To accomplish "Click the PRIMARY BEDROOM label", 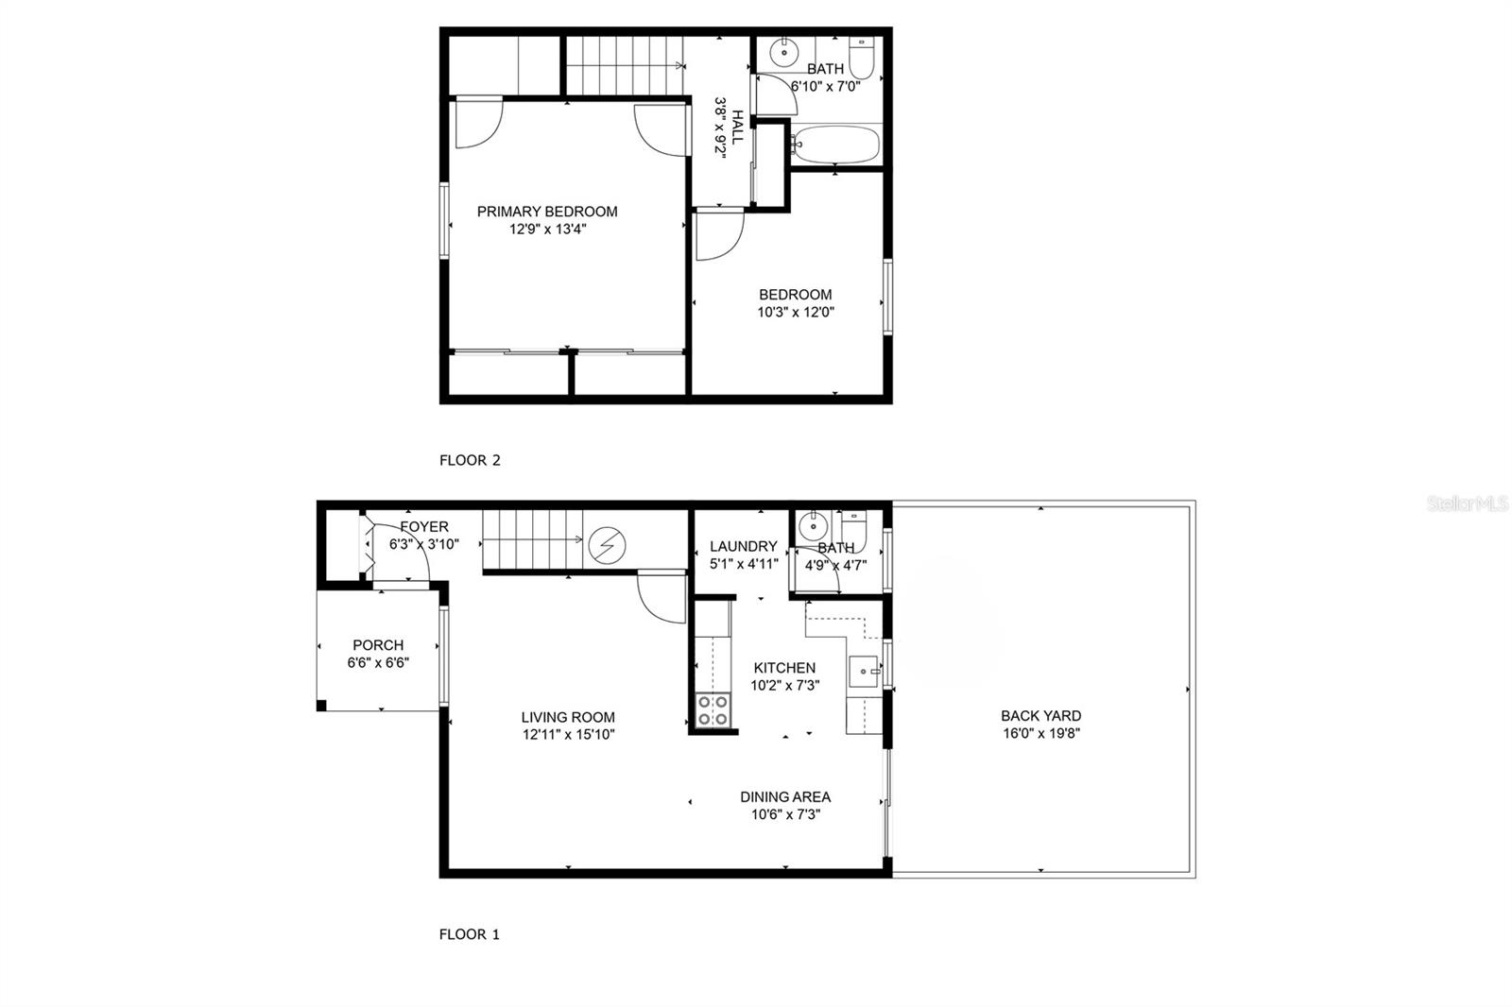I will pos(547,212).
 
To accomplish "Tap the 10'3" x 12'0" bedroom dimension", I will pos(795,312).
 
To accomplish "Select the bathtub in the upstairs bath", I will pos(836,145).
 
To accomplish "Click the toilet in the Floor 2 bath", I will pos(861,59).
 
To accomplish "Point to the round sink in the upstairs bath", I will pos(783,53).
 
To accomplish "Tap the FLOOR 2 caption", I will pos(470,461).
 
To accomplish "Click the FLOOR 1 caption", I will pos(470,934).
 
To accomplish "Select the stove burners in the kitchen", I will pos(713,710).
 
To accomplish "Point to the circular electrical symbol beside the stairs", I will pos(607,545).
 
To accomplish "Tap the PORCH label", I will pos(378,645).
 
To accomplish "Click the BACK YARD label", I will pos(1041,716).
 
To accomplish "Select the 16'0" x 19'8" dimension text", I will pos(1041,733).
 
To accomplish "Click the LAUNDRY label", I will pos(744,546).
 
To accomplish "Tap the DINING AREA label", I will pos(785,797).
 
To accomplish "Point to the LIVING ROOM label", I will pos(568,718).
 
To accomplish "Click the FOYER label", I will pos(424,527).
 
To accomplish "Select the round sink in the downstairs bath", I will pos(811,526).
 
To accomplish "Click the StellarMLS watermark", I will pos(1468,504).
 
